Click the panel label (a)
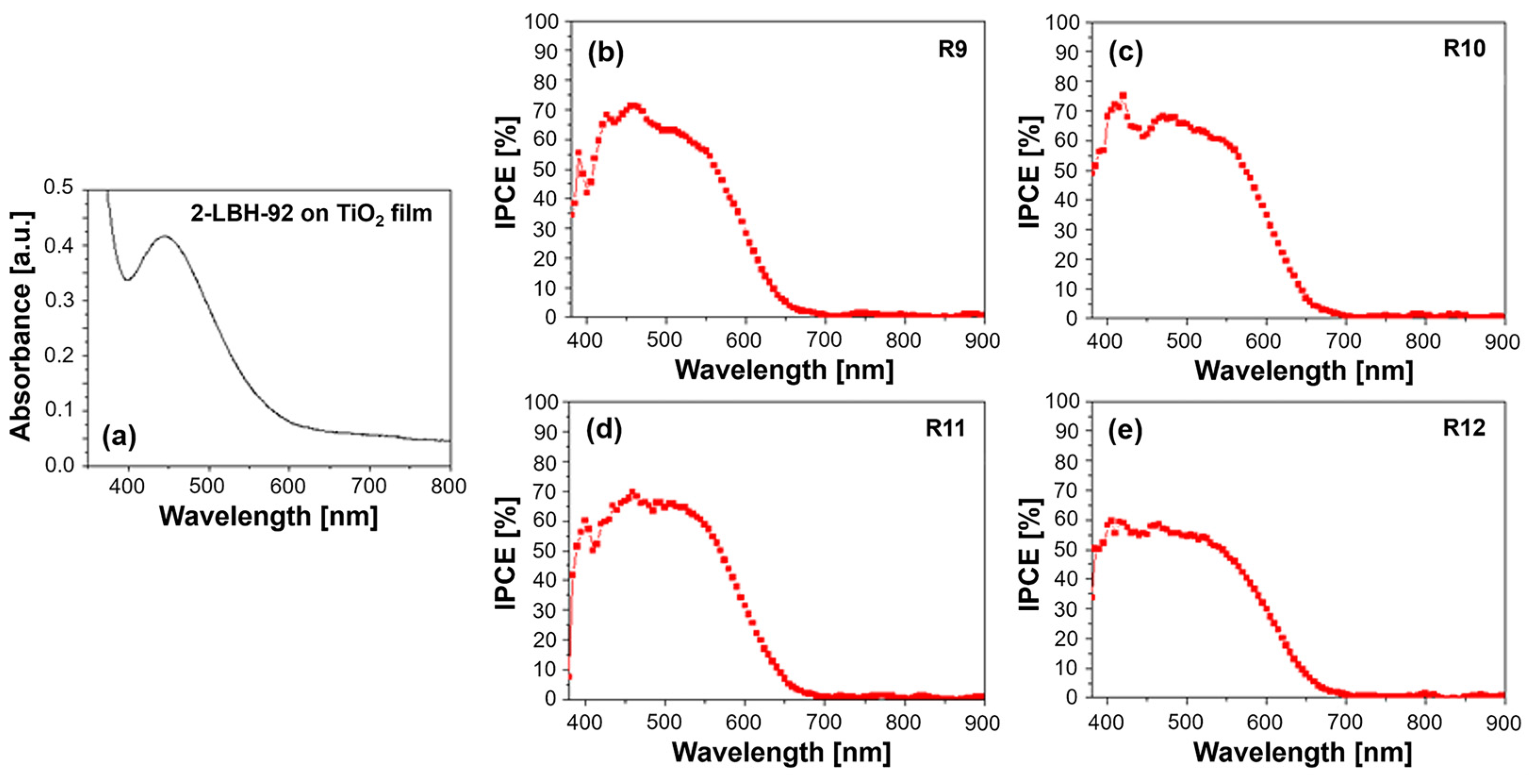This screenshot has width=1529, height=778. click(x=119, y=437)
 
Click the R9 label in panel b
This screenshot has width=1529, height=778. click(x=952, y=49)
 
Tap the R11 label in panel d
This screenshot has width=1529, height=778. click(x=945, y=428)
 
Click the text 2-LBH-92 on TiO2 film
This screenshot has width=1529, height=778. click(x=311, y=213)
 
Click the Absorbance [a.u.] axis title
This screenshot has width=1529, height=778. click(x=21, y=327)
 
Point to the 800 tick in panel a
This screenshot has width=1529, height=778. click(x=448, y=487)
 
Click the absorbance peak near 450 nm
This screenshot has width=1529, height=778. click(x=164, y=236)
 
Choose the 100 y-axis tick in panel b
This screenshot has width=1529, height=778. click(x=541, y=22)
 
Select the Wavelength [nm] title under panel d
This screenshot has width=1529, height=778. click(x=781, y=753)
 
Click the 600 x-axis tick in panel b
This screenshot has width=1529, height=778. click(x=744, y=341)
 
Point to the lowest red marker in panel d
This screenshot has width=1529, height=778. click(x=570, y=676)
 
